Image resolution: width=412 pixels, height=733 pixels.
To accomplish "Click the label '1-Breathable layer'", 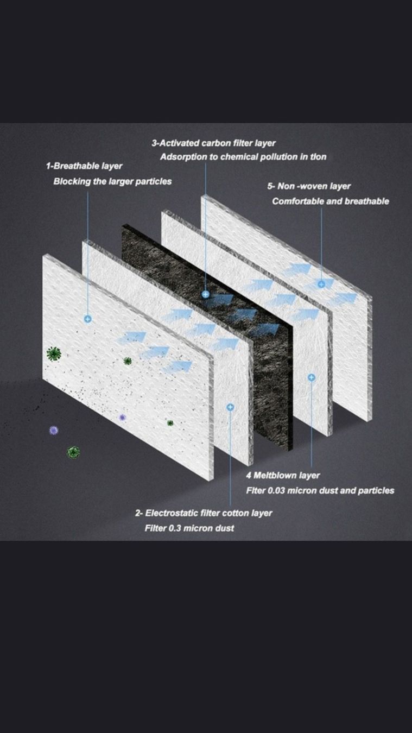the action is point(84,166).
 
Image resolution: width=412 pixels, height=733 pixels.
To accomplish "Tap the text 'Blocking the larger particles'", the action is point(112,181).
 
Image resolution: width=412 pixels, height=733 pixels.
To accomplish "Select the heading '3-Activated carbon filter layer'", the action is point(213,143).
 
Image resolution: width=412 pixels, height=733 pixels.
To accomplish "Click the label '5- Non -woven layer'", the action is point(309,186).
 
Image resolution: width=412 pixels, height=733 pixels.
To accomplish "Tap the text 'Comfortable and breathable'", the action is point(331,201).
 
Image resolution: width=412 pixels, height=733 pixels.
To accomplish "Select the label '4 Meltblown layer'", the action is point(283,475).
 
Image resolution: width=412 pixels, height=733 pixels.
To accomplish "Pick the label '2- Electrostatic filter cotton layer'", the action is point(204,513).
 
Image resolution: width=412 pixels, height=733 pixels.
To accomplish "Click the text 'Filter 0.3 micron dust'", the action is point(189,528).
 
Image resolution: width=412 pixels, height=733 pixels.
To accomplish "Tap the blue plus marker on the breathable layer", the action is point(88,319).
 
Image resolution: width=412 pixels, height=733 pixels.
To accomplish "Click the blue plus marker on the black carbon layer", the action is point(205,294).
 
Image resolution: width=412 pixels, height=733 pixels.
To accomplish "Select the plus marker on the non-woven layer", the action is point(321,284).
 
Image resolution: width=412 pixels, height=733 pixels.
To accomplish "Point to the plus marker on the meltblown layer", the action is point(312,377).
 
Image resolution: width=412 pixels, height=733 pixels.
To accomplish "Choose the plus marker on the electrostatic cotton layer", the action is point(230,407).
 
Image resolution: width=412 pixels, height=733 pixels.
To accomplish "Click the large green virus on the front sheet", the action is point(54,353).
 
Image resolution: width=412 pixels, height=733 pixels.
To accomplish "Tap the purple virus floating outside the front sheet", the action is point(54,431).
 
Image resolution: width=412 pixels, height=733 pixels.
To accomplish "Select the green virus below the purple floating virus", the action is point(73,452).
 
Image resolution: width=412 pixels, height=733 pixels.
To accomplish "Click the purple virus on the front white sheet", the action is point(122,418).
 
